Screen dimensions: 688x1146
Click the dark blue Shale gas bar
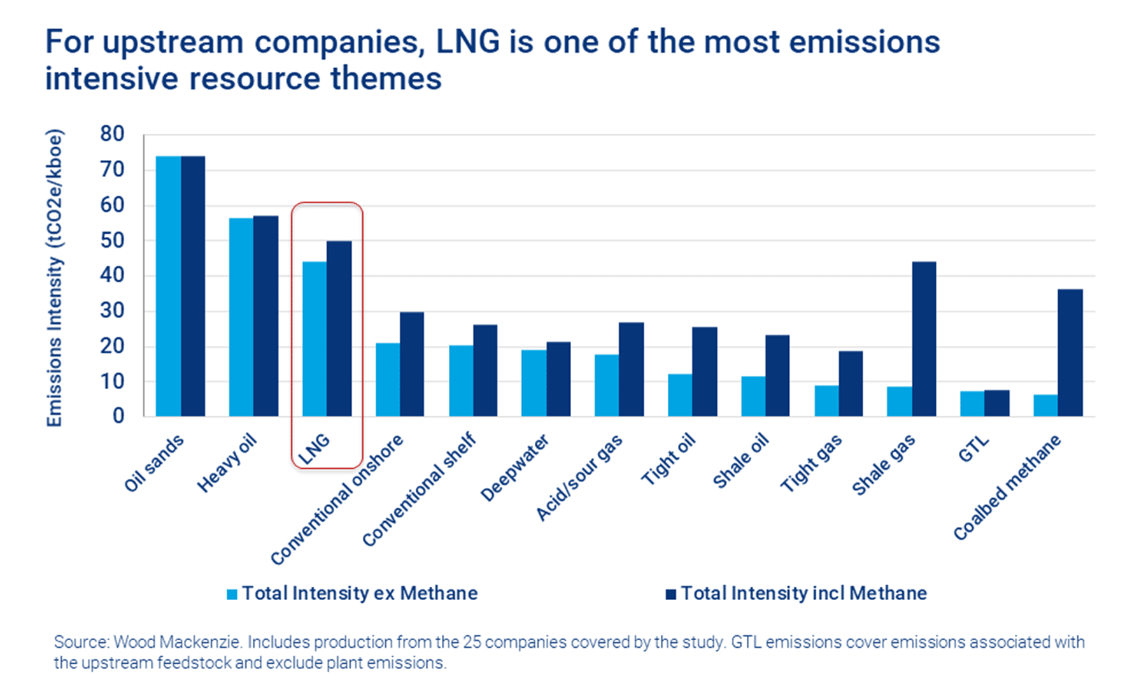(924, 339)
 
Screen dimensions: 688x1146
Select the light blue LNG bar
(315, 339)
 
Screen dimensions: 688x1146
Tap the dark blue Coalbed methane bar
(1070, 353)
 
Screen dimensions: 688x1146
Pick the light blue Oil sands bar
(168, 286)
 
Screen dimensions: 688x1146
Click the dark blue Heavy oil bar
(265, 316)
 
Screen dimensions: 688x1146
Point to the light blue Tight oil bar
(680, 395)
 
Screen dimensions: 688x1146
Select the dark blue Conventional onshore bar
(412, 364)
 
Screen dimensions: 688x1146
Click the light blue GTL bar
(972, 403)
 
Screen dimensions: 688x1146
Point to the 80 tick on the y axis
(112, 134)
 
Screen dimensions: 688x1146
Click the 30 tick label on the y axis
(112, 311)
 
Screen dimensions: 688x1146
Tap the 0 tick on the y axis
(118, 416)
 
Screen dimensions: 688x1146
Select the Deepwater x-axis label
(514, 468)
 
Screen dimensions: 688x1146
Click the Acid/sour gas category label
(579, 478)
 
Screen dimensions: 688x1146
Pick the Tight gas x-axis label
(811, 464)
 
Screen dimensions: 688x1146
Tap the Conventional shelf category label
(420, 489)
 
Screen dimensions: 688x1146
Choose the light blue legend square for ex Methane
(232, 594)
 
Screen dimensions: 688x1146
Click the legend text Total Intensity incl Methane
(803, 593)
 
